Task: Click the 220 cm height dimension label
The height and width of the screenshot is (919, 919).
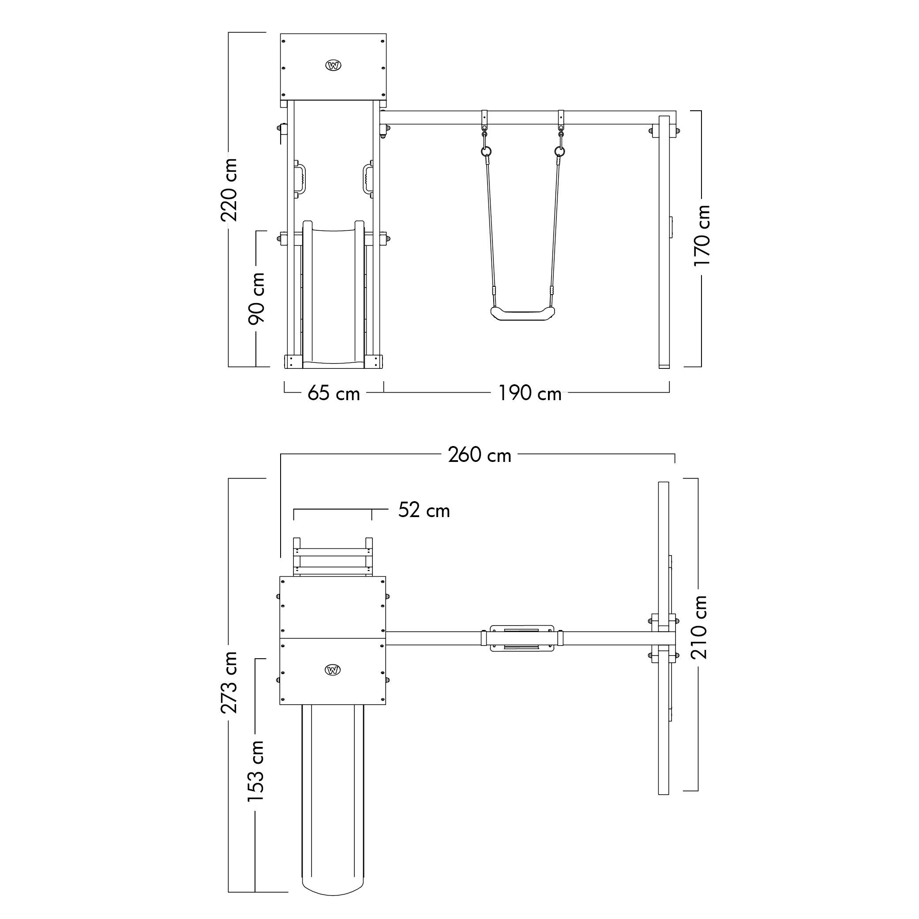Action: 229,190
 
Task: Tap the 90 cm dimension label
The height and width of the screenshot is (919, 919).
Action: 256,299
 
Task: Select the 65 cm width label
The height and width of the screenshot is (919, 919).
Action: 334,394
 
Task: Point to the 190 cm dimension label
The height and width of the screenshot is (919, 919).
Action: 529,394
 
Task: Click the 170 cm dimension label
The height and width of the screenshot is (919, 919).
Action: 701,236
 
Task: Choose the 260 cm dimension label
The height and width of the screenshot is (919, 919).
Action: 480,455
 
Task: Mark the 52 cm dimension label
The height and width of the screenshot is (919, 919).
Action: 424,510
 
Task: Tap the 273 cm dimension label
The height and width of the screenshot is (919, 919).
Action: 229,683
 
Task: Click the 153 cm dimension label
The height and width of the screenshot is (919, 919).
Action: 256,771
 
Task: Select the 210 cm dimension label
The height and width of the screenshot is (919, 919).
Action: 699,627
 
